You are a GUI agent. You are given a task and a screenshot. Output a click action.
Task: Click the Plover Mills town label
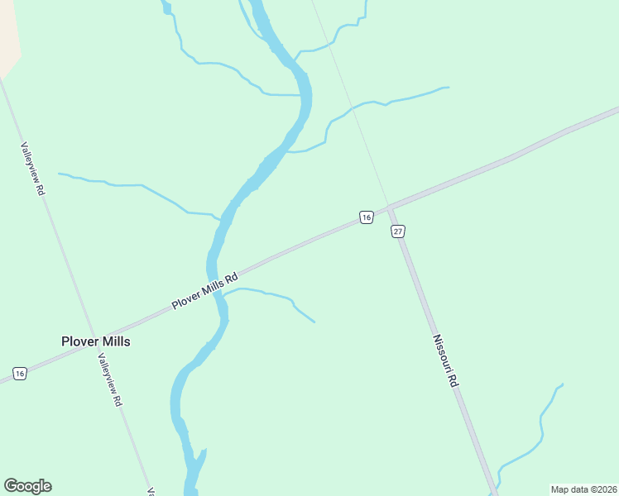point(95,341)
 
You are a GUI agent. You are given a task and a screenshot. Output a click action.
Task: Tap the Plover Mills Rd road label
point(204,291)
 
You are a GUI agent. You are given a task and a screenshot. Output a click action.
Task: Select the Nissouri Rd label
point(444,361)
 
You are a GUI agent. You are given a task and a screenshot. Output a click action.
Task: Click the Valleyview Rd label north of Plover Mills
point(32,167)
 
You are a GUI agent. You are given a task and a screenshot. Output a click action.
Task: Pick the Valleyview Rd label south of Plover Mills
point(109,379)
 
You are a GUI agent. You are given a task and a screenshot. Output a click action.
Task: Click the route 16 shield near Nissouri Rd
point(366,217)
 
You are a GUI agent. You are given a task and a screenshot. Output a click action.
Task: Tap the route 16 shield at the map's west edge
point(20,374)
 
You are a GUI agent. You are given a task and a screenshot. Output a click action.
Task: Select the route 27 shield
point(398,231)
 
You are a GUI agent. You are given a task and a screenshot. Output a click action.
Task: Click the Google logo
point(27,486)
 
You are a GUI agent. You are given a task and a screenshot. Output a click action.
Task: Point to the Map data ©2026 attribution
point(583,489)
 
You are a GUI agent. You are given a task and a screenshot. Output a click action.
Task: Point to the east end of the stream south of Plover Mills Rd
point(314,322)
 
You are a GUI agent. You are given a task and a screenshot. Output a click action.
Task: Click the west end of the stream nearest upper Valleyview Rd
point(60,174)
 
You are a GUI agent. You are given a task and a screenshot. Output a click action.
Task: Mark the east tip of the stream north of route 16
point(448,88)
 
